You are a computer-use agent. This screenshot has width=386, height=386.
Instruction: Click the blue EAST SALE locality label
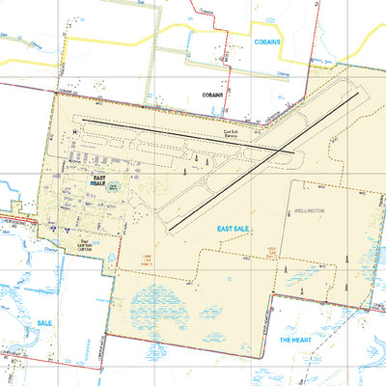pos(235,229)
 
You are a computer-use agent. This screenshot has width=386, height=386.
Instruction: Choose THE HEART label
pos(294,341)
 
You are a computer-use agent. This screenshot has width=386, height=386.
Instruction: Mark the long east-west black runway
pos(183,135)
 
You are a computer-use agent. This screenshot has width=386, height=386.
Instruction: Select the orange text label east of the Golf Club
pos(148,259)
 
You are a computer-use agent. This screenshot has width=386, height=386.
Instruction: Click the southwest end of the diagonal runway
pos(168,229)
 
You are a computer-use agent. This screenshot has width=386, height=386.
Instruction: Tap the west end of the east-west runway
pos(82,120)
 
